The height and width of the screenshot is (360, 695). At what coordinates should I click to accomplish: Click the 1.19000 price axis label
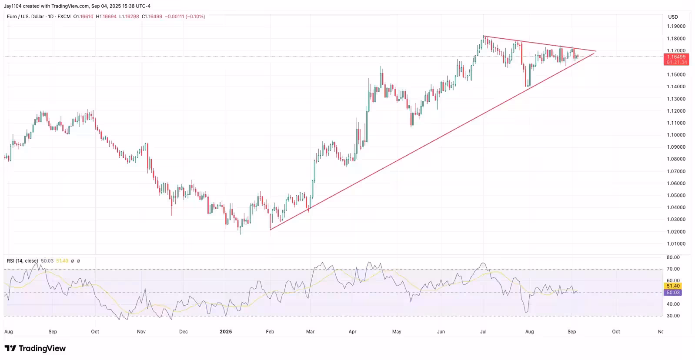pos(676,27)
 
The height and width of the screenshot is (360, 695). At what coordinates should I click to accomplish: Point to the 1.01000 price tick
pos(676,244)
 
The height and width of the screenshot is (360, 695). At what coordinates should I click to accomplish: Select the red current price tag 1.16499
pos(676,57)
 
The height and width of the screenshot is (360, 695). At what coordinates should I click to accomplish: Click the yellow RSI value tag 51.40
pos(673,286)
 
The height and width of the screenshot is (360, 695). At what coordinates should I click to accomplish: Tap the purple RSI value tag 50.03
pos(673,293)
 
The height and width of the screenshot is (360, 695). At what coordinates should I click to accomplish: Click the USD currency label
pos(673,17)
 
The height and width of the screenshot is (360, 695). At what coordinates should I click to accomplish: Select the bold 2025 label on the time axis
pos(226,332)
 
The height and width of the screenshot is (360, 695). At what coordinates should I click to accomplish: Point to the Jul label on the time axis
pos(483,332)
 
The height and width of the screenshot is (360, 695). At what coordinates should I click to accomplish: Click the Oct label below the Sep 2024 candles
pos(95,332)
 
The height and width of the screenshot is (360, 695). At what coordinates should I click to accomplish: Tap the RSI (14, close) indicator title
pos(22,261)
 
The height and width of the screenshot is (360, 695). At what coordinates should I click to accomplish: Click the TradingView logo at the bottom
pos(35,349)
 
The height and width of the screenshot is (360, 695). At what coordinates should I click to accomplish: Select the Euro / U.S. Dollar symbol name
pos(25,17)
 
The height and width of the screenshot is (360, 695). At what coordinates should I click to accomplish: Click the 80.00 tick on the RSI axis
pos(673,257)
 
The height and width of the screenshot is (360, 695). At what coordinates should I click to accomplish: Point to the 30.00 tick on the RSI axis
pos(673,316)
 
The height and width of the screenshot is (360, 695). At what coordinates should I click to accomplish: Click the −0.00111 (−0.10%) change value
pos(185,17)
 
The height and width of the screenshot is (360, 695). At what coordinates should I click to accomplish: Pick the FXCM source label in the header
pos(64,17)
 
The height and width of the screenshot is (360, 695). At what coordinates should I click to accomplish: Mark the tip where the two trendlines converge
pos(595,51)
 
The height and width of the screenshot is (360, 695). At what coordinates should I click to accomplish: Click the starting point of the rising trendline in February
pos(270,230)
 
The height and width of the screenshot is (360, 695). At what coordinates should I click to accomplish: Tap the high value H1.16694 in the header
pos(106,17)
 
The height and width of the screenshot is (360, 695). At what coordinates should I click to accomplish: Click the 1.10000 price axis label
pos(676,135)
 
